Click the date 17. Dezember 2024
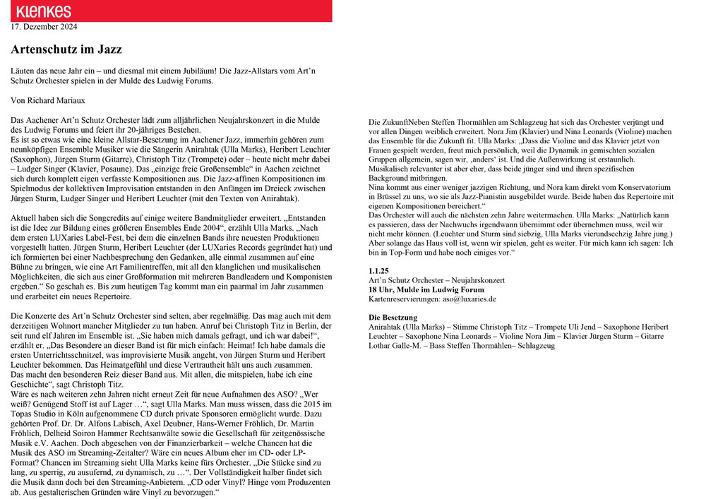coord(44,28)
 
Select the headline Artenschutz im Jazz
coord(66,49)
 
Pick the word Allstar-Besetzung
coord(126,140)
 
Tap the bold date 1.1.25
coord(379,271)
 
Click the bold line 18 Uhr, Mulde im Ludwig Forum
coord(426,289)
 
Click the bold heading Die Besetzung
coord(393,318)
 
